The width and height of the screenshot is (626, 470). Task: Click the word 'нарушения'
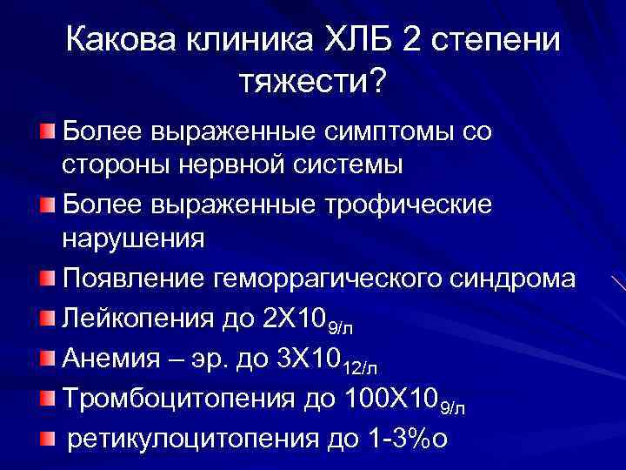[x=133, y=238]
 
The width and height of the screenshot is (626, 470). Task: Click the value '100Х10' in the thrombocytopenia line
[x=392, y=397]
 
